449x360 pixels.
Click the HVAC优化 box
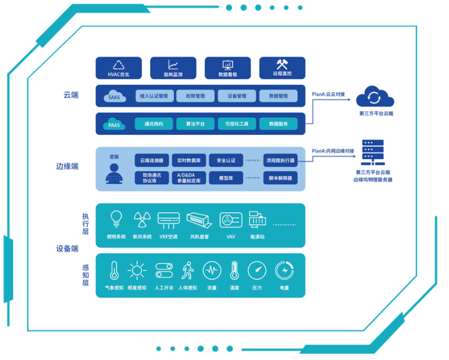[118, 68]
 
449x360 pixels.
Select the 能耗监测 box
[173, 68]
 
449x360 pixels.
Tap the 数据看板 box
[227, 68]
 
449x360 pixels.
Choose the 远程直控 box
[282, 68]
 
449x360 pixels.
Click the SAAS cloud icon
[114, 96]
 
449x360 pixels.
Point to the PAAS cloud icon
[114, 123]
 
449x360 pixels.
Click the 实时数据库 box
[189, 160]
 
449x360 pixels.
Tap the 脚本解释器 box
[280, 178]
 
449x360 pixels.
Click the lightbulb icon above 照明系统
[116, 218]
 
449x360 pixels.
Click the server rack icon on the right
[372, 152]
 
